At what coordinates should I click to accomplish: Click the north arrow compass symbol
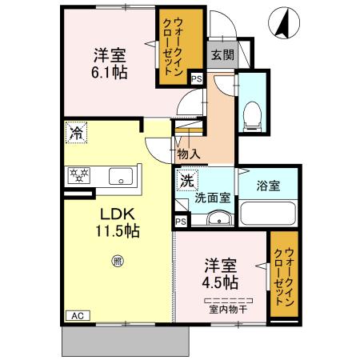coord(282,22)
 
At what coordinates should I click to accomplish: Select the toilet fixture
coord(252,114)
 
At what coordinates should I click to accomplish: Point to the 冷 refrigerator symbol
coord(76,134)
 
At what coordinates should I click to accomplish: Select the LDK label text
coord(118,214)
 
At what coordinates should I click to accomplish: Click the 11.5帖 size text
coord(118,231)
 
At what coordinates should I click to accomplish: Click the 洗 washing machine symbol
coord(186,180)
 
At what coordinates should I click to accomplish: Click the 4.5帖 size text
coord(218,282)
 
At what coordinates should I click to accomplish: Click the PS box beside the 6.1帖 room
coord(196,79)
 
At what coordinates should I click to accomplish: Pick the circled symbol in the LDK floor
coord(118,260)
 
